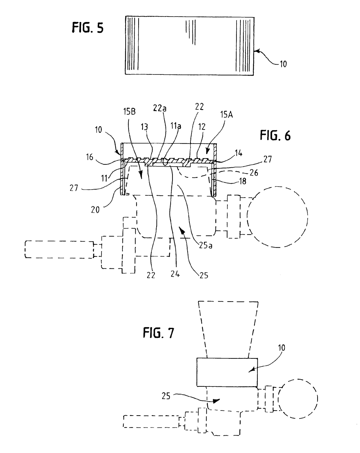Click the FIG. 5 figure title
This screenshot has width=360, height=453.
[x=87, y=28]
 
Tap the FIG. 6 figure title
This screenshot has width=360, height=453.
[x=275, y=135]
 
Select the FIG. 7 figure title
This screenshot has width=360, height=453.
[x=158, y=332]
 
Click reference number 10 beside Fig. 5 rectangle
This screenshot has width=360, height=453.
[x=283, y=64]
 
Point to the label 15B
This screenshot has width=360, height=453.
[x=129, y=112]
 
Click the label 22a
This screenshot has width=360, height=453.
[x=159, y=108]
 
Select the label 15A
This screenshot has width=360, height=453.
[x=226, y=114]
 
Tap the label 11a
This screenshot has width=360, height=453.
[x=176, y=126]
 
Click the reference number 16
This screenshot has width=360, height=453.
[x=90, y=157]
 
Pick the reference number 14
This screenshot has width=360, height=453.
[x=238, y=153]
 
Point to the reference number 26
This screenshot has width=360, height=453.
[x=254, y=173]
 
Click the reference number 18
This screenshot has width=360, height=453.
[x=243, y=181]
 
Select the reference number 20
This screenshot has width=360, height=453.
[x=95, y=210]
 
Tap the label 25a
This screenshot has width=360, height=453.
[x=206, y=245]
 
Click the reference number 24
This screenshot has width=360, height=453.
[x=175, y=274]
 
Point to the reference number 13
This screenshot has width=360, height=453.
[x=144, y=127]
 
